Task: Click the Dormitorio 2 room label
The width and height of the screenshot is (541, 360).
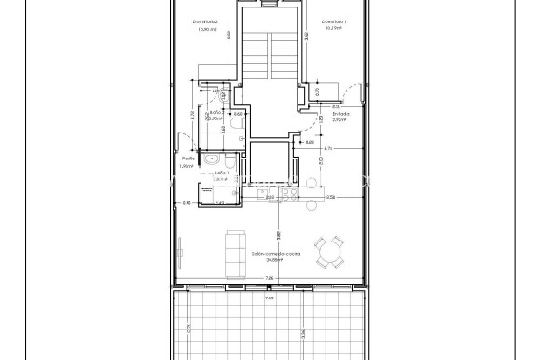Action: (205, 21)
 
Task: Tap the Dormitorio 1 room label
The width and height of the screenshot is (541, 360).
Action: (333, 21)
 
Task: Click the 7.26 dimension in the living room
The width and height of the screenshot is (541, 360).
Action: (269, 278)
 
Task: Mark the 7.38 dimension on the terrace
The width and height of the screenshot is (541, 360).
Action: (270, 298)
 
